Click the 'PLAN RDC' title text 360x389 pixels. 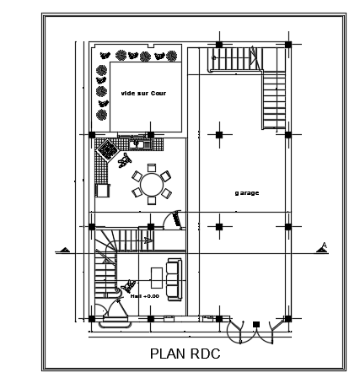(185, 354)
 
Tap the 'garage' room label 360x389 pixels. (247, 193)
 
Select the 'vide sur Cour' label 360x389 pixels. (143, 93)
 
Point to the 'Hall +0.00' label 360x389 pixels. (145, 296)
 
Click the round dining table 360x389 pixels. (152, 185)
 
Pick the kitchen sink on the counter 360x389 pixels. (140, 144)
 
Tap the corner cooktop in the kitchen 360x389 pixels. (107, 149)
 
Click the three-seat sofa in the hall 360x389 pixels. (175, 279)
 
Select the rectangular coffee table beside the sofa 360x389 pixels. (157, 278)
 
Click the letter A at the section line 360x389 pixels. (325, 246)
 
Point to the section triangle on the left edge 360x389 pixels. (65, 250)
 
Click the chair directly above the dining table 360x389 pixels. (152, 167)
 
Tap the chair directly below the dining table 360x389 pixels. (152, 201)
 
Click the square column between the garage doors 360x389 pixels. (256, 324)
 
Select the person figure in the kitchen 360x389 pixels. (125, 160)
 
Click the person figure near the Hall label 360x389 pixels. (128, 286)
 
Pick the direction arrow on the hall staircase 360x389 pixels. (148, 240)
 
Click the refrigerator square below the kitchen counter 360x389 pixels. (103, 191)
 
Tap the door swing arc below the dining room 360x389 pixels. (170, 218)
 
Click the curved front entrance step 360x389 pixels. (116, 325)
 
